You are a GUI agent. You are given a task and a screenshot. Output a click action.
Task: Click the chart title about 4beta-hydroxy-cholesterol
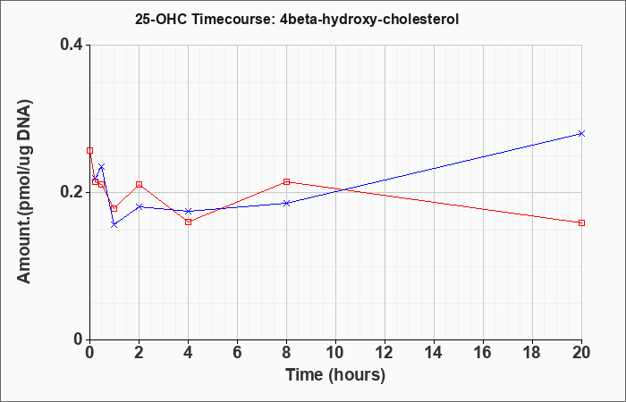[x=297, y=19]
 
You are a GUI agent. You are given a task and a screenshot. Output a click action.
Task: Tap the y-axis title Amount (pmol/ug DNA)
[x=24, y=192]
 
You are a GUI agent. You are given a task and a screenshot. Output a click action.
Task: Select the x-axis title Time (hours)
[x=335, y=375]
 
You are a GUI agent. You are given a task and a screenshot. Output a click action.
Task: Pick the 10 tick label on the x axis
[x=335, y=353]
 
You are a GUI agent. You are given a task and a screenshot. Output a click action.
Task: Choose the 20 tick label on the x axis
[x=581, y=353]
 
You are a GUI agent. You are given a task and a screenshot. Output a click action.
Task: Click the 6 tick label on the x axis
[x=237, y=353]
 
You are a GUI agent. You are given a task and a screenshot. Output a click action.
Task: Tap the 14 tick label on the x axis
[x=434, y=353]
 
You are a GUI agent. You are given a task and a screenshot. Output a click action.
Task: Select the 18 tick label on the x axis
[x=532, y=353]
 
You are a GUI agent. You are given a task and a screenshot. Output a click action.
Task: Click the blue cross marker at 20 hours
[x=581, y=133]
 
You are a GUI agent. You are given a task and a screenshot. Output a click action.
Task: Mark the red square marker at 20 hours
[x=581, y=223]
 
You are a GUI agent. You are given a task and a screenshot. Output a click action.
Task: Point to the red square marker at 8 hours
[x=287, y=182]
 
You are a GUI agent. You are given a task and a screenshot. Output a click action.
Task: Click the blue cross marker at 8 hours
[x=287, y=203]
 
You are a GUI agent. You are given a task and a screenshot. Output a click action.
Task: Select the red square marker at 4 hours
[x=189, y=222]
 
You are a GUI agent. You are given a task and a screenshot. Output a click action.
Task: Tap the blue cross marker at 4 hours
[x=189, y=211]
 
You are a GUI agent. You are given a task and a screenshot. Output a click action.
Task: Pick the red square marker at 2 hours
[x=139, y=185]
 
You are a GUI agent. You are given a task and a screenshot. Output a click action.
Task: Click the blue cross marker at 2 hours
[x=139, y=206]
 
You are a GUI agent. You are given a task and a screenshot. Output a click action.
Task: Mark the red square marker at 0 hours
[x=89, y=150]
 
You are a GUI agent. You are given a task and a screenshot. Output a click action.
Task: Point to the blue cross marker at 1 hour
[x=114, y=225]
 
